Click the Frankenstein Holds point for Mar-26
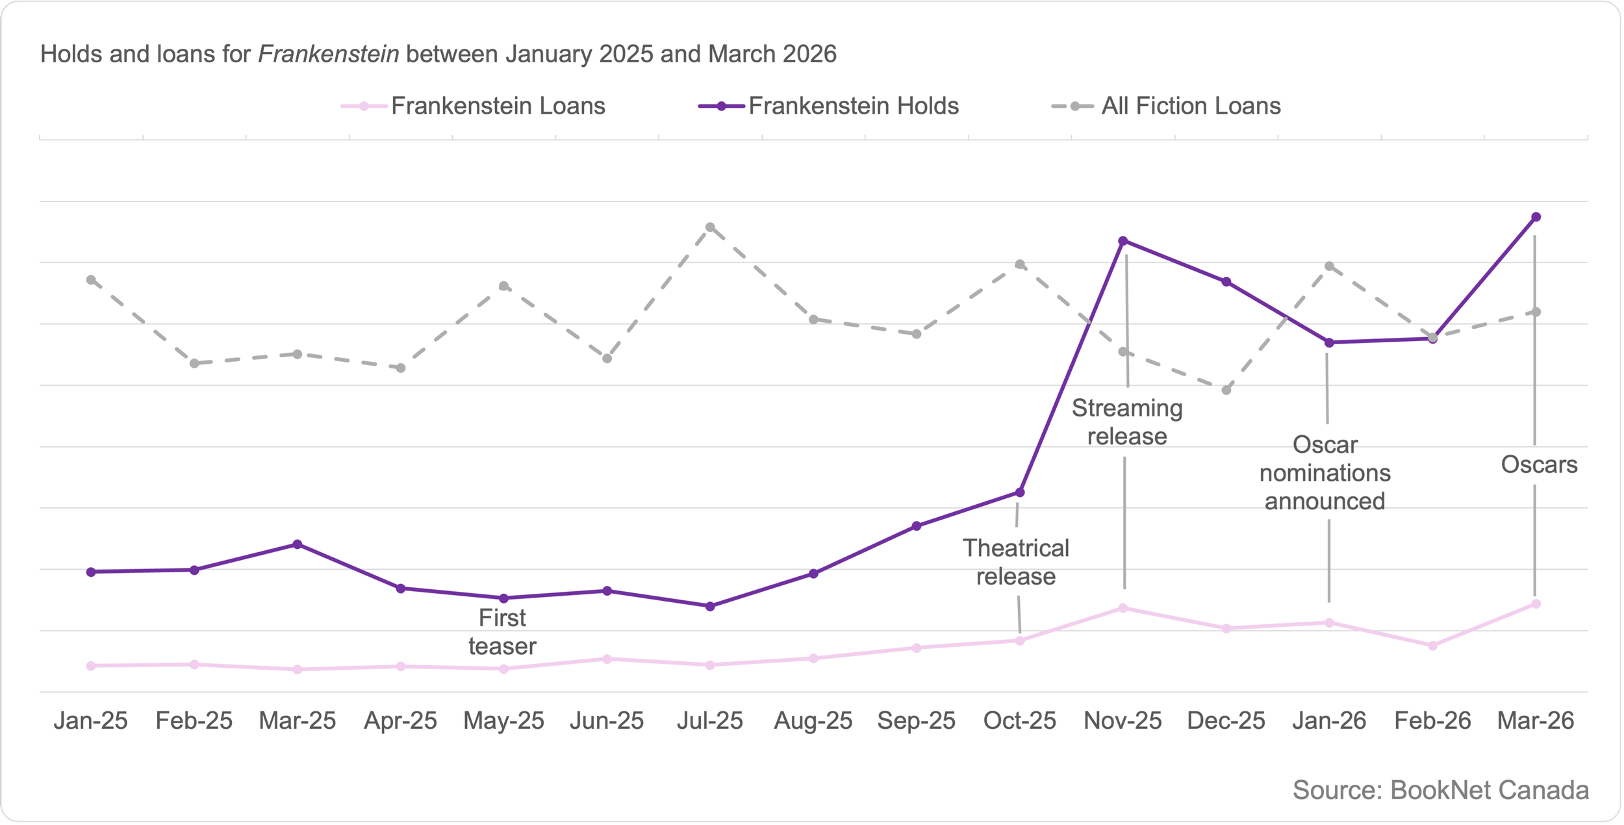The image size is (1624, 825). click(x=1536, y=217)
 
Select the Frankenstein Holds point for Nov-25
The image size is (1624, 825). click(x=1123, y=241)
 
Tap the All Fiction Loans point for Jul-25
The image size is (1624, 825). click(x=710, y=227)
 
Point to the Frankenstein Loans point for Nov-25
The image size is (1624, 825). click(x=1123, y=608)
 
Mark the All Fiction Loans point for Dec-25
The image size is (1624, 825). click(x=1226, y=390)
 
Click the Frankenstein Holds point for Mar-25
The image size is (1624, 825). click(x=298, y=544)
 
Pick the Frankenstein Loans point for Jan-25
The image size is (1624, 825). click(x=91, y=666)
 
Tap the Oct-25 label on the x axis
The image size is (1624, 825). click(x=1020, y=721)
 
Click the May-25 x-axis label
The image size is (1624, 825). click(x=503, y=721)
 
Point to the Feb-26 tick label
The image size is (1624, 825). click(x=1432, y=721)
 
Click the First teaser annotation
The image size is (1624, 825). click(x=502, y=632)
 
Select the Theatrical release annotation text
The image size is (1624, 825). click(x=1016, y=562)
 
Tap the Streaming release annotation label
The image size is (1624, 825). click(x=1127, y=422)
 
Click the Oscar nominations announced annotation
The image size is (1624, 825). click(x=1325, y=473)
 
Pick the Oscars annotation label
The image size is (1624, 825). click(x=1539, y=464)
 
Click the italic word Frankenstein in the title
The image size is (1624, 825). click(x=329, y=54)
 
